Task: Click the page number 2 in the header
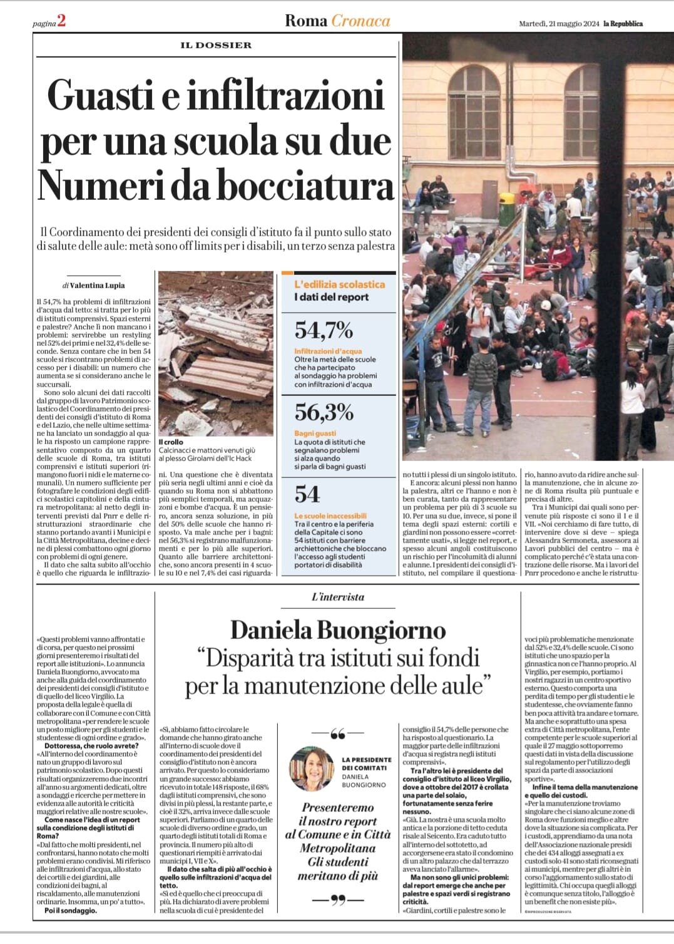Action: [61, 22]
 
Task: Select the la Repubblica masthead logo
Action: [623, 24]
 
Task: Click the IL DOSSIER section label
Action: [216, 45]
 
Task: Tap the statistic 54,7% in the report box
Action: [324, 330]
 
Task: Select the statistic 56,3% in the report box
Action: [324, 412]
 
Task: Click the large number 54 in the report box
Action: [307, 494]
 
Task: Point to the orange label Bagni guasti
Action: [315, 433]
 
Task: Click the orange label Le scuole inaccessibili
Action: [330, 516]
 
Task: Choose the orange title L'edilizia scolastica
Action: [340, 284]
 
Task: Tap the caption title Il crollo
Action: [170, 442]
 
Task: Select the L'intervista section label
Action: [338, 597]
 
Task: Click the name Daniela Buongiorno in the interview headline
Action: [338, 630]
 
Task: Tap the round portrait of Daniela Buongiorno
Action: [312, 769]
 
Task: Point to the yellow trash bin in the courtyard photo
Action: [506, 201]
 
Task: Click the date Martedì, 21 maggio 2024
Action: [558, 24]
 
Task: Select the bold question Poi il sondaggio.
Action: [71, 910]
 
